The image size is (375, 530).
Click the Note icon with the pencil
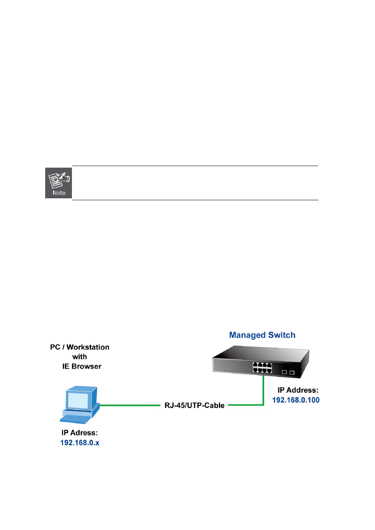(x=59, y=183)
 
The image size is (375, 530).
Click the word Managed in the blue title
(x=247, y=335)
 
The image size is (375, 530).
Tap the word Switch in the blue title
(x=282, y=335)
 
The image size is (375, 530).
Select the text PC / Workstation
(x=79, y=347)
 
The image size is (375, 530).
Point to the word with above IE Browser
(x=79, y=357)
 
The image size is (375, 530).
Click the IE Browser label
(x=82, y=366)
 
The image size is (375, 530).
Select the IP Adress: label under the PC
(x=79, y=433)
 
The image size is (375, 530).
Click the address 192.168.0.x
(x=79, y=443)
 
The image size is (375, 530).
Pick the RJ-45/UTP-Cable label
(x=194, y=406)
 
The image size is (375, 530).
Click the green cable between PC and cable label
(x=130, y=405)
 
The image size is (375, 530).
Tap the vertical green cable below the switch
(x=263, y=391)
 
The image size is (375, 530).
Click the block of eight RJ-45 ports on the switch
(x=262, y=367)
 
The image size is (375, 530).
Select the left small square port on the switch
(x=284, y=372)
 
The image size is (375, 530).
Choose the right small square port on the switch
(x=292, y=372)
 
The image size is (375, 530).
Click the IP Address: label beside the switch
(x=298, y=390)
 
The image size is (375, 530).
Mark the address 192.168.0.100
(x=296, y=400)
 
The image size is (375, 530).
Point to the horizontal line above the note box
(x=195, y=166)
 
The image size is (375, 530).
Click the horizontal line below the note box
(x=195, y=200)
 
